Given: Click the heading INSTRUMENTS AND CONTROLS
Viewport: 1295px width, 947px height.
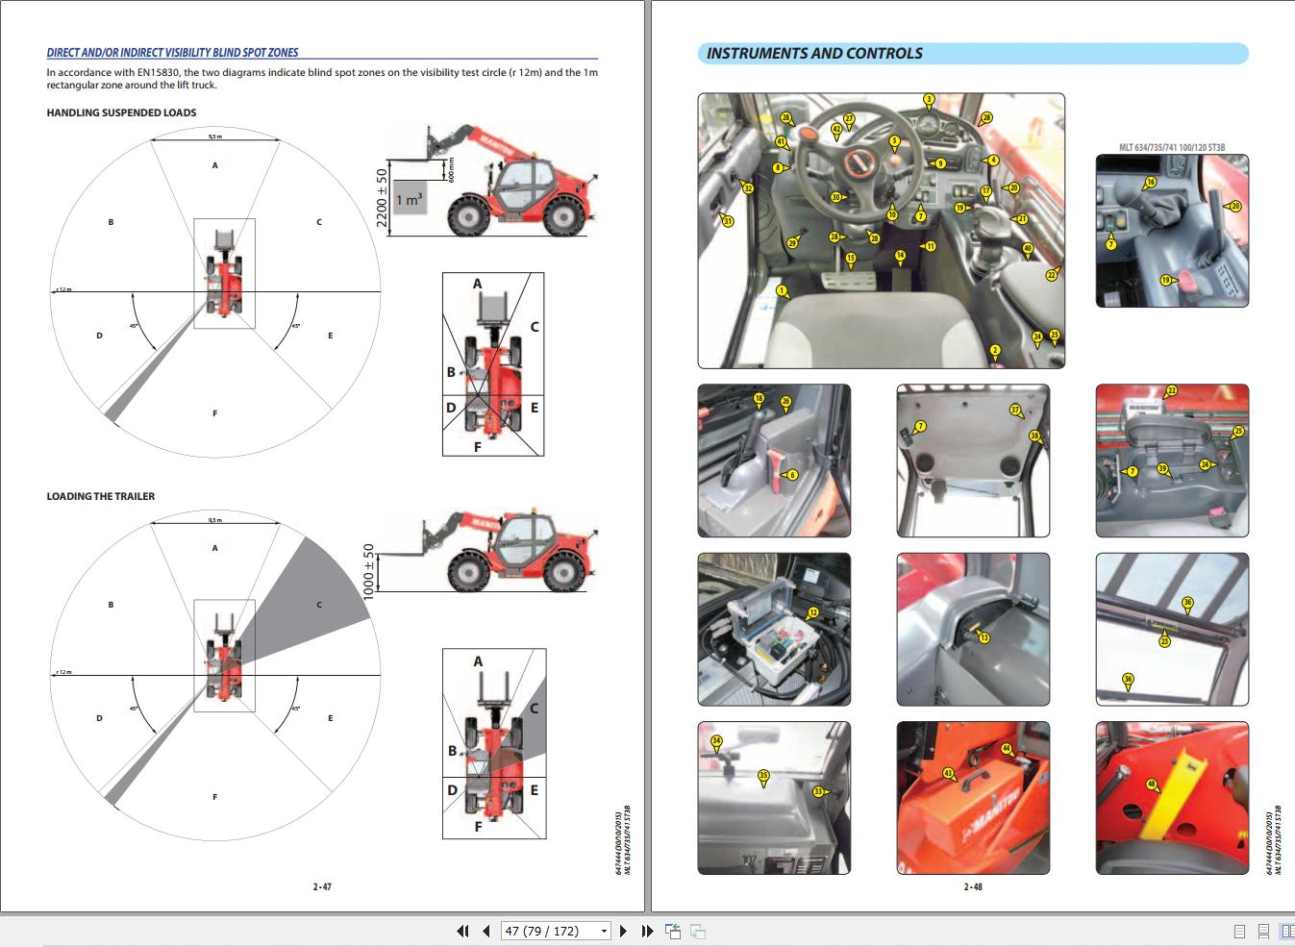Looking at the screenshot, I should pos(814,54).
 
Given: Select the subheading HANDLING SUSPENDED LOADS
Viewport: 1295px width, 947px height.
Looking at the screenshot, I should pos(121,112).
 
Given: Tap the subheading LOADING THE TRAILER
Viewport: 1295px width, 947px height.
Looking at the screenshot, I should pos(101,496).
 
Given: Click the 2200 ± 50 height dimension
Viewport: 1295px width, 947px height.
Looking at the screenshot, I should pos(382,201).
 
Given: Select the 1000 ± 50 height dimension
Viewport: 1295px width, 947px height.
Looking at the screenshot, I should pos(367,571).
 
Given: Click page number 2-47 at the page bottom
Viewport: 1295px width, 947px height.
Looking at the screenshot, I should pos(322,886).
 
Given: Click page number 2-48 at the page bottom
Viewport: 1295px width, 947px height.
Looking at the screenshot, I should pos(973,886).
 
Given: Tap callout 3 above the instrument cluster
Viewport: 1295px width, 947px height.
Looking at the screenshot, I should pos(929,99).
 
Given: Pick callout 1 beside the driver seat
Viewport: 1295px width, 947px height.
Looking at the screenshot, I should pos(782,290).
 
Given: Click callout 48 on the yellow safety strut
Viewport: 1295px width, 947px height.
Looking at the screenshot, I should pos(1152,785).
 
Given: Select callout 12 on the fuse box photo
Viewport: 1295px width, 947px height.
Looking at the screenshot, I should pos(813,612).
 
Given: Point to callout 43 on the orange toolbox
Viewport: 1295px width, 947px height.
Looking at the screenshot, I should pos(948,773).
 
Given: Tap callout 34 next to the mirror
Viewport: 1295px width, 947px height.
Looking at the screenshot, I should pos(716,741).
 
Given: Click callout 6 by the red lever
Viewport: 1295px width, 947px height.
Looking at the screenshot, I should pos(792,475).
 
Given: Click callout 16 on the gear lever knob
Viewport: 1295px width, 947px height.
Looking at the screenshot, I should pos(1150,182).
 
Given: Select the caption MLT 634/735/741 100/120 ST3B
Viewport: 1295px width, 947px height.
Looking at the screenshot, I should pos(1171,148).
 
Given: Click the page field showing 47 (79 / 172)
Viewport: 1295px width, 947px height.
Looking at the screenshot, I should pos(557,931).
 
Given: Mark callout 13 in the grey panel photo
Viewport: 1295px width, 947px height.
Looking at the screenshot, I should pos(983,637).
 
